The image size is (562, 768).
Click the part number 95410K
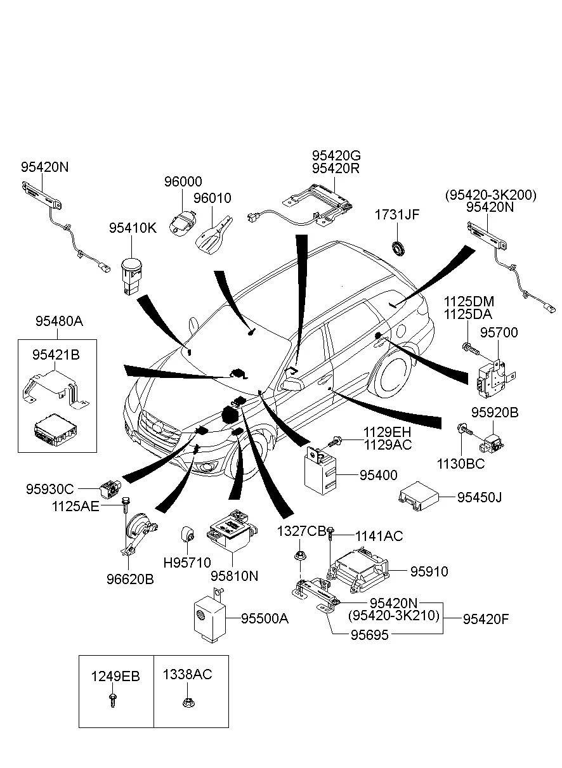tap(132, 227)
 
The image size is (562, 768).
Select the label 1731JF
tap(397, 216)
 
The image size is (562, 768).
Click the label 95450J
tap(479, 497)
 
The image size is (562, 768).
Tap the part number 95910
tap(428, 571)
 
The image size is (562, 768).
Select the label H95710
tap(187, 562)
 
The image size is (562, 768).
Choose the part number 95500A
tap(265, 618)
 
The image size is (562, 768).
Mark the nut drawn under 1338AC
tap(188, 703)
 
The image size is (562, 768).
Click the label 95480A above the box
tap(59, 321)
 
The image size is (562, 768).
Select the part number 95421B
tap(56, 355)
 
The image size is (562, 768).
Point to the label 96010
tap(212, 199)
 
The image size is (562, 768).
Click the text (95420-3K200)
tap(490, 195)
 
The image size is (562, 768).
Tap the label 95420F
tap(485, 618)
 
